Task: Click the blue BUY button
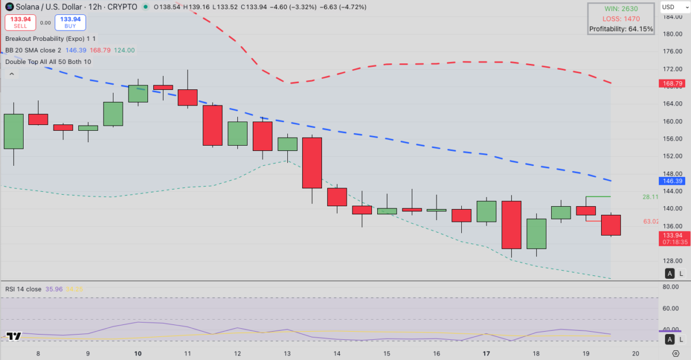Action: (x=70, y=22)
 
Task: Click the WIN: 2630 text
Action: (x=621, y=9)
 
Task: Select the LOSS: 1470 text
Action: (x=621, y=18)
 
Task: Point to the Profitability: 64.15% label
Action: (x=621, y=29)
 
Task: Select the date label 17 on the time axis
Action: (x=487, y=353)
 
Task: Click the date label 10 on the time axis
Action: (x=138, y=353)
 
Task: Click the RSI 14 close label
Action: (x=23, y=289)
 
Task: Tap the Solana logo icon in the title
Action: (x=9, y=7)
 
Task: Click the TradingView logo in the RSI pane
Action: (x=14, y=336)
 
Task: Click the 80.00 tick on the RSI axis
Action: (x=670, y=286)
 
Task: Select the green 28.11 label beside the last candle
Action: (x=650, y=197)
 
